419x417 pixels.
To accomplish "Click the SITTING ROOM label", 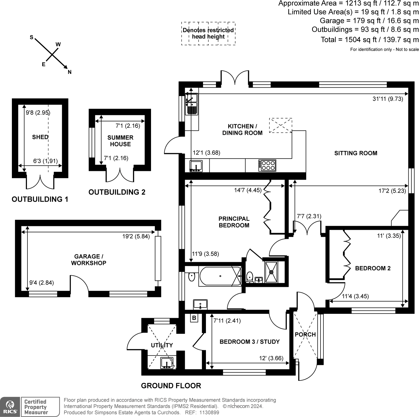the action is click(356, 153).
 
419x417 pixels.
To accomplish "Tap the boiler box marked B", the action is click(194, 318).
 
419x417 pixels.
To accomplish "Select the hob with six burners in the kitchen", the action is click(267, 165).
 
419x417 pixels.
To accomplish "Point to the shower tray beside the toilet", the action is click(271, 272).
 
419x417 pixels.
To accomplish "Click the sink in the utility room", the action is click(167, 363).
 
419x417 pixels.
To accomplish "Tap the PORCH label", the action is click(305, 334).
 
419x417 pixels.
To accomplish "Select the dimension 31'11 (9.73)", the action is click(388, 99).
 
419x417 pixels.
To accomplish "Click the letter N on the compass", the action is click(70, 72).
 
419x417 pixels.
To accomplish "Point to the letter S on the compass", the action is click(31, 37).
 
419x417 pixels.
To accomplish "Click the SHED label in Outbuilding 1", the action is click(40, 137).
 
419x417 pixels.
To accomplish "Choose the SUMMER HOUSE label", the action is click(120, 141).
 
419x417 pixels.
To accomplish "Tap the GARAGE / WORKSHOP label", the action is click(89, 260).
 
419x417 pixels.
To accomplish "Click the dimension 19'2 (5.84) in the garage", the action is click(136, 236).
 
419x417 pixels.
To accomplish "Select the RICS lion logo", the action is click(10, 407).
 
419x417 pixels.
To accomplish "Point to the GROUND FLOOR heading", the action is click(171, 386).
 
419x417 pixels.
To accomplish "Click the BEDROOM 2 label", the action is click(373, 268).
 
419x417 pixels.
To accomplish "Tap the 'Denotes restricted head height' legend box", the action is click(208, 33).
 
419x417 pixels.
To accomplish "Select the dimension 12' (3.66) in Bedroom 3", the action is click(271, 358).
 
